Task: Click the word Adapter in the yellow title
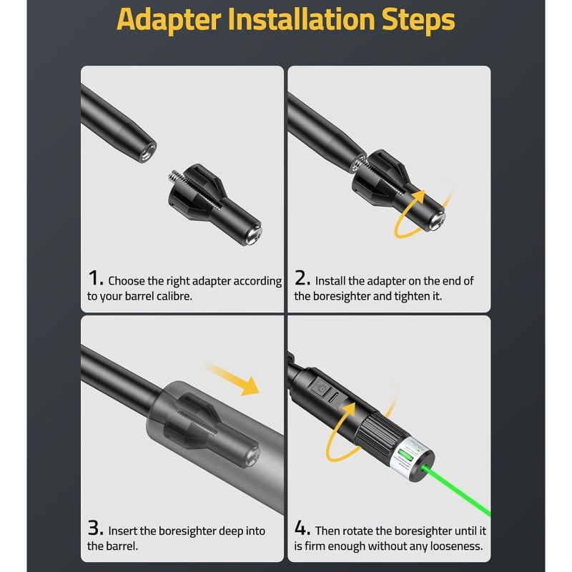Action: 169,20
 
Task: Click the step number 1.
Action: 96,278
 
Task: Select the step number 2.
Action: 302,278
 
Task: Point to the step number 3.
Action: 96,528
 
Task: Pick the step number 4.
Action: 302,528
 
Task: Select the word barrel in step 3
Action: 122,546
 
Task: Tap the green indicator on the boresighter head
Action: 404,455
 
